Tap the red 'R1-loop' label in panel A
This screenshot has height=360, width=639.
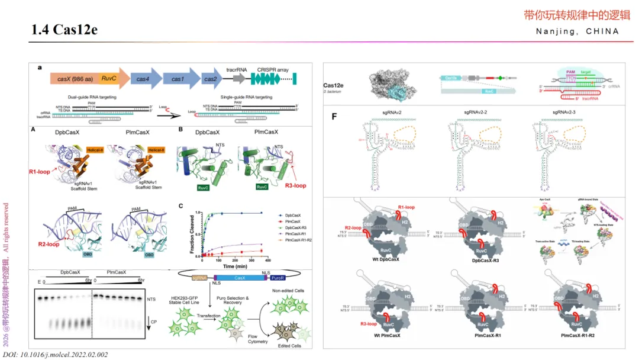(x=42, y=172)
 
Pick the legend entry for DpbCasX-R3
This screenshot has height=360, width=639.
(x=298, y=228)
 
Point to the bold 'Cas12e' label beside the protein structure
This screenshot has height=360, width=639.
(x=339, y=85)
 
